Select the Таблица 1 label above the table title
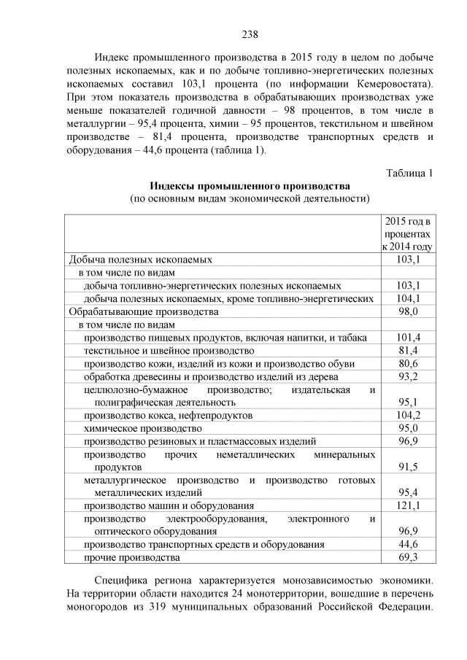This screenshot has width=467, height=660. pyautogui.click(x=409, y=173)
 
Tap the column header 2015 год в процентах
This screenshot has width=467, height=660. pyautogui.click(x=408, y=233)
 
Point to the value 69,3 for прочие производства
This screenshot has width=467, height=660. pyautogui.click(x=409, y=558)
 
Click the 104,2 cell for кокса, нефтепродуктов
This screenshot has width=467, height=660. pyautogui.click(x=409, y=415)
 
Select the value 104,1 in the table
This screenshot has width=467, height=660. pyautogui.click(x=409, y=298)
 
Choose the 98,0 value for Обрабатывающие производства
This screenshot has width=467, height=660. pyautogui.click(x=409, y=311)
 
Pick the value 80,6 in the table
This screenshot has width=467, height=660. pyautogui.click(x=409, y=363)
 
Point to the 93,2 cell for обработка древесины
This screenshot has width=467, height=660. pyautogui.click(x=409, y=376)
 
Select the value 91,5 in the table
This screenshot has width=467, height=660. pyautogui.click(x=409, y=467)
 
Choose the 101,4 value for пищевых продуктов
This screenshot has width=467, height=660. pyautogui.click(x=409, y=337)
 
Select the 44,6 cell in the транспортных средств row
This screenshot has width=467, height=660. pyautogui.click(x=409, y=545)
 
